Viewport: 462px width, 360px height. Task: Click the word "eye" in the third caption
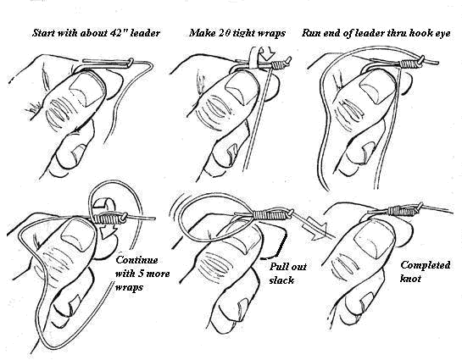click(x=443, y=34)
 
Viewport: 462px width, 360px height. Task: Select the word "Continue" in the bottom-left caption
click(x=136, y=260)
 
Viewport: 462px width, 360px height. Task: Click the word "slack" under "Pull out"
click(x=281, y=280)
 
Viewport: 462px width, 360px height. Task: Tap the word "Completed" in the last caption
click(x=426, y=265)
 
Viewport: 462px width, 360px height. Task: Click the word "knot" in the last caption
click(x=410, y=279)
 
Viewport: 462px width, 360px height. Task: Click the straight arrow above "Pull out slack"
click(x=314, y=227)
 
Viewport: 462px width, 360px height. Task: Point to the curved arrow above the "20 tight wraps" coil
click(x=266, y=53)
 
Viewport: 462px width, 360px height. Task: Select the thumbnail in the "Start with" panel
click(x=87, y=89)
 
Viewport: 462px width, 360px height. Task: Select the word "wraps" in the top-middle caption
click(x=272, y=34)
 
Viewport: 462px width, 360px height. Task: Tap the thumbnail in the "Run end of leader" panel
click(x=377, y=88)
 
